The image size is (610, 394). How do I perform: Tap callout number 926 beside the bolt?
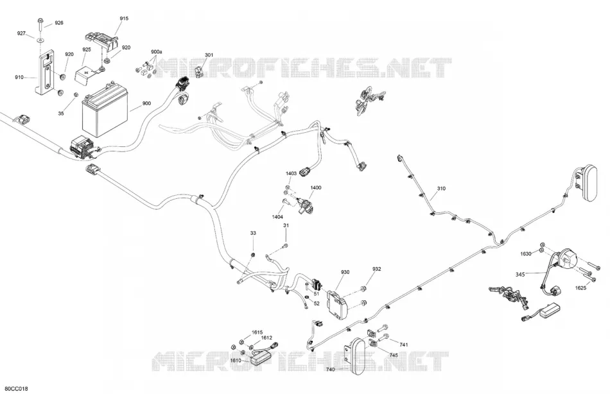coord(58,23)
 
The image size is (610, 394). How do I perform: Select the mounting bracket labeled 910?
coord(46,74)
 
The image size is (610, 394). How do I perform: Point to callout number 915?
coord(124,18)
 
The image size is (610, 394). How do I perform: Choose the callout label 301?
coord(209,55)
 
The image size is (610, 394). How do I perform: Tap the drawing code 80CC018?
coord(14,389)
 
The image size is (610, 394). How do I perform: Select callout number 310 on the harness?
coord(441,189)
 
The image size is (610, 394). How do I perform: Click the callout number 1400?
coord(316,187)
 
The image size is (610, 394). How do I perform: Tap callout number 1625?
coord(580,288)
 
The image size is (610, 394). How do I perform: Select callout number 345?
coord(520,274)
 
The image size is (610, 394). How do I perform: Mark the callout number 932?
coord(376,269)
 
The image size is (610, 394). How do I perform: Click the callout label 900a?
coord(157,52)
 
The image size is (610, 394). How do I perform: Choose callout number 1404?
coord(277,217)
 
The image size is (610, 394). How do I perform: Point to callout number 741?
coord(404,345)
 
